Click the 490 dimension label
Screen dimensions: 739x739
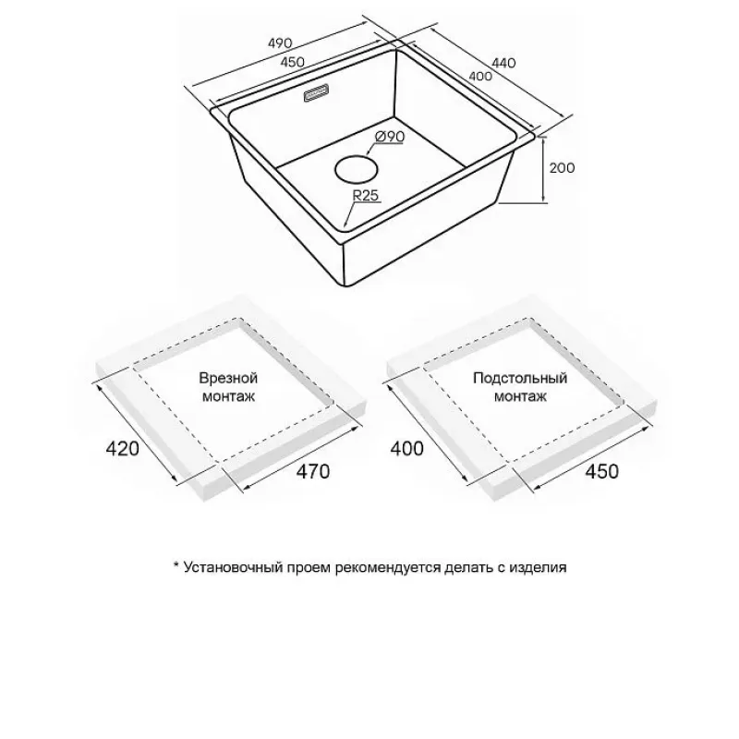[280, 43]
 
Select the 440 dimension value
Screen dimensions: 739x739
[503, 62]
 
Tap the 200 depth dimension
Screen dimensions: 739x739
[562, 168]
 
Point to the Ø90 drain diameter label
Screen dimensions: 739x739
[390, 137]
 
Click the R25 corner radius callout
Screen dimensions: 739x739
[366, 195]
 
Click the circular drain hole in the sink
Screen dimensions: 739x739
[356, 169]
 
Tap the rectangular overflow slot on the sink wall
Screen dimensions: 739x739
[316, 92]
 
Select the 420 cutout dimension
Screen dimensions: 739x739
[123, 448]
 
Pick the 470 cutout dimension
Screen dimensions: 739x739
[313, 471]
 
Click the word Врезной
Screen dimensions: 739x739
[228, 378]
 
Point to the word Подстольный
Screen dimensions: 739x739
[520, 379]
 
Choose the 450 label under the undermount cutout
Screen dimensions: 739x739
[602, 471]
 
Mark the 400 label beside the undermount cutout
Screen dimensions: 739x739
[406, 448]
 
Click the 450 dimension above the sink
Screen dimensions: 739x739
[292, 62]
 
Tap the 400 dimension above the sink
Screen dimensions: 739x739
[480, 76]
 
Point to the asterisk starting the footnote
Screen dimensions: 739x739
[176, 564]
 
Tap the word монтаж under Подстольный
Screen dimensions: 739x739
[520, 396]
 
